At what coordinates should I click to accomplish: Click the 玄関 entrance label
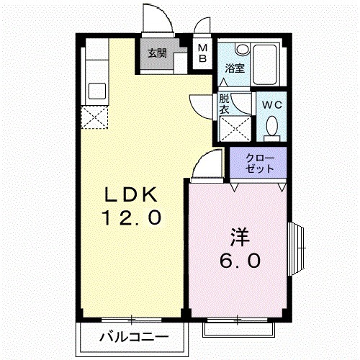[158, 53]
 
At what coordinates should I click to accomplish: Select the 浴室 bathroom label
[234, 70]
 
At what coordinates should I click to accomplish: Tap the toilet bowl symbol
[271, 127]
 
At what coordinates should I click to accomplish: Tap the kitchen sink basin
[96, 92]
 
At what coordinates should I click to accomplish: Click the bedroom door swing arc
[204, 164]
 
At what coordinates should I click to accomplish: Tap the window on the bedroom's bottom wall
[240, 327]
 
